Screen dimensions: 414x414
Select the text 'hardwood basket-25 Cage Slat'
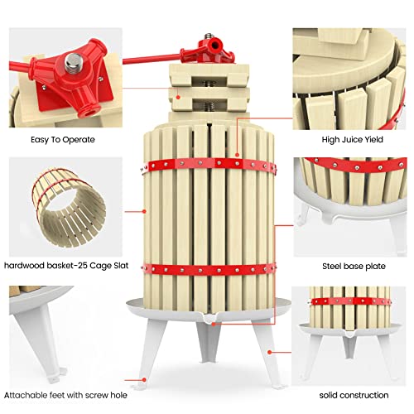click(x=62, y=266)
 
